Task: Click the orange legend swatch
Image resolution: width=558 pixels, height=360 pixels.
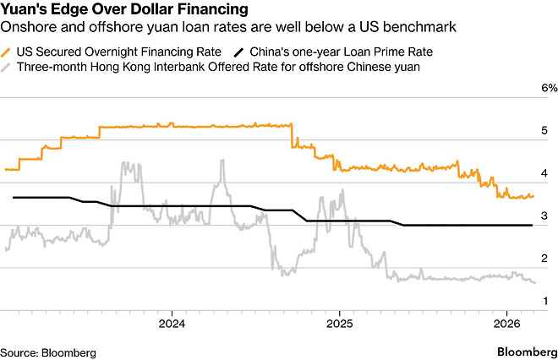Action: coord(8,51)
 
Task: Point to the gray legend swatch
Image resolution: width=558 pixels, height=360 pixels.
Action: coord(8,65)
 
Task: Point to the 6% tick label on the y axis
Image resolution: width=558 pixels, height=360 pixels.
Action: coord(550,88)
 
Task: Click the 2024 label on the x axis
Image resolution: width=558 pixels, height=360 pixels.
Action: coord(172,324)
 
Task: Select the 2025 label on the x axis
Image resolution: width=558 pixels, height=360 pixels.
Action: coord(339,324)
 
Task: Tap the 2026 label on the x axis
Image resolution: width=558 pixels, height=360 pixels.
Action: coord(506,324)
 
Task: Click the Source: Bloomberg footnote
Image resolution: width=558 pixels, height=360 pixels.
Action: coord(48,352)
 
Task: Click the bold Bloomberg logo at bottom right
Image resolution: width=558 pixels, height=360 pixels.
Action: coord(523,351)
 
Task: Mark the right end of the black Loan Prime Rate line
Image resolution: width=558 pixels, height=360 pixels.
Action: coord(532,225)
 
